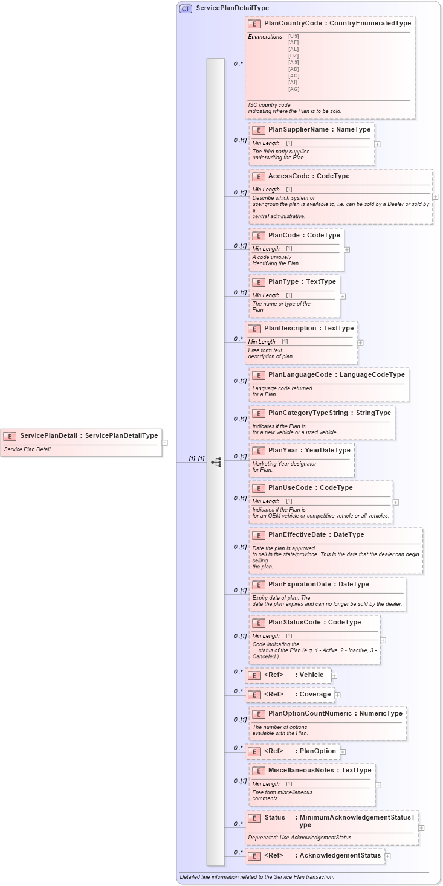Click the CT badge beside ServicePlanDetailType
tap(186, 8)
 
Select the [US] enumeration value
tap(293, 36)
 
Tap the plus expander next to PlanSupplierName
tap(377, 144)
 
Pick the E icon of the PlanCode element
tap(258, 236)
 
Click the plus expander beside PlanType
tap(343, 296)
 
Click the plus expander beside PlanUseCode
tap(396, 502)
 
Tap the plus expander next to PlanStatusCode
tap(383, 640)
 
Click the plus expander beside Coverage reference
tap(338, 695)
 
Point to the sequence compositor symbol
tap(216, 463)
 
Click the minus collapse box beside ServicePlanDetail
tap(164, 443)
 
